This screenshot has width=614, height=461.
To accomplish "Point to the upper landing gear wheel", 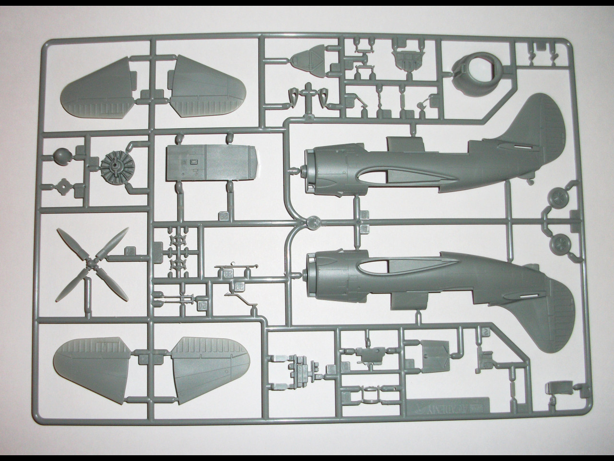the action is tap(558, 198).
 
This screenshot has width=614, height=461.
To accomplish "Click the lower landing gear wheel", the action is tap(559, 243).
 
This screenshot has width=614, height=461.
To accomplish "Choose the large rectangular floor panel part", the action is tap(211, 165).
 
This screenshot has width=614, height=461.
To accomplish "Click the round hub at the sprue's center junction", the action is tap(313, 222).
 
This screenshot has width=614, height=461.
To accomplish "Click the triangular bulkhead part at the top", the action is tap(307, 61).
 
